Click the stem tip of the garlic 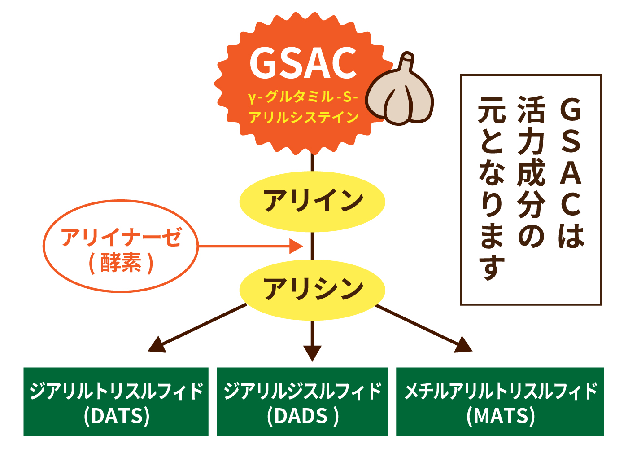(408, 58)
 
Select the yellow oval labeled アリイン (313, 201)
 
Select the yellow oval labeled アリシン (313, 289)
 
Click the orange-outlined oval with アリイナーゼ (121, 247)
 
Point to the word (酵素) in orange (121, 263)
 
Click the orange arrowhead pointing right (297, 246)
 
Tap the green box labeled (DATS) (116, 402)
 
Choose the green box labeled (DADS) (302, 402)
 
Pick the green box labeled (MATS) (500, 402)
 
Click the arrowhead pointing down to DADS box (313, 353)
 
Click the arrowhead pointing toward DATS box (157, 344)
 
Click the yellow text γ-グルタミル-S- (303, 96)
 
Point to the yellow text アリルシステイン (304, 117)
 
